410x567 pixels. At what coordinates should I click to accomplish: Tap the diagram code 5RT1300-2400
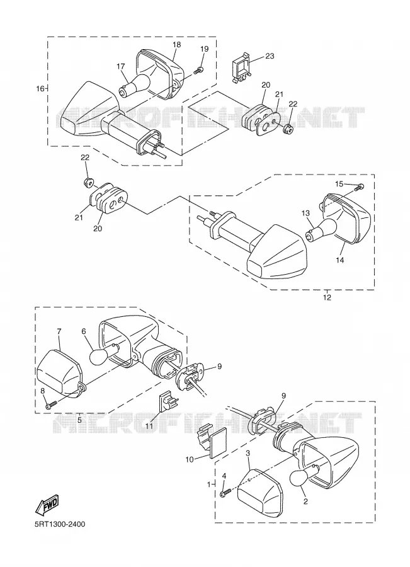(x=60, y=524)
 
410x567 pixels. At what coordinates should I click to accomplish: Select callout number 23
(x=270, y=56)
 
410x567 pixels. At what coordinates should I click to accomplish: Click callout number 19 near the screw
(x=204, y=49)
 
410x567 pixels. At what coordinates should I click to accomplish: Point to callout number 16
(x=40, y=88)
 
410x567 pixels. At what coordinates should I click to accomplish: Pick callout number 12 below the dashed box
(x=327, y=297)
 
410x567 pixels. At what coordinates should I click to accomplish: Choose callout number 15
(x=339, y=184)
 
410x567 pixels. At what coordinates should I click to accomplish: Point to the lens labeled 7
(x=60, y=372)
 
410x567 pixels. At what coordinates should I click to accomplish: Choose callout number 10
(x=190, y=460)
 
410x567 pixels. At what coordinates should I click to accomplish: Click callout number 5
(x=79, y=420)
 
